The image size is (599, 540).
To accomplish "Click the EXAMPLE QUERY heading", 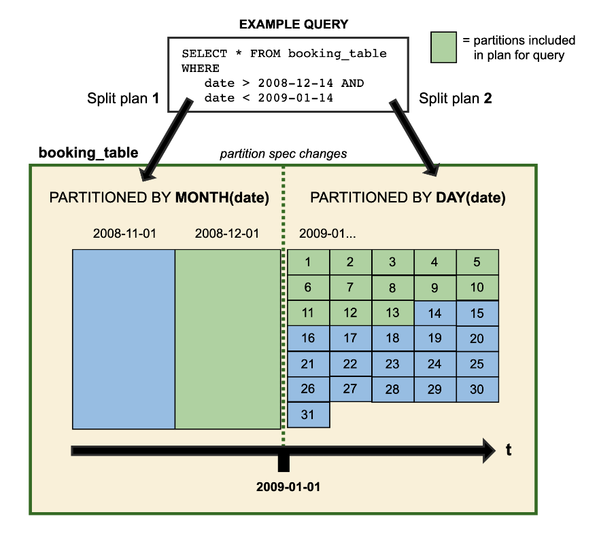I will (x=293, y=24).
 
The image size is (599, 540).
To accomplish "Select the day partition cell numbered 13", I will (x=392, y=312).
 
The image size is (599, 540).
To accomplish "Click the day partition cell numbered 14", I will (x=434, y=314).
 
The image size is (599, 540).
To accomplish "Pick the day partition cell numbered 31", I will (x=308, y=414).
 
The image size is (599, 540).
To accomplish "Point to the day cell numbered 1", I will (x=308, y=262).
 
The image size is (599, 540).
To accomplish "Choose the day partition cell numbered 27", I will (x=350, y=389).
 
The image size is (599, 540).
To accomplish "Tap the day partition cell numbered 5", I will (x=477, y=262).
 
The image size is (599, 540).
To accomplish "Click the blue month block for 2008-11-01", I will (x=124, y=339).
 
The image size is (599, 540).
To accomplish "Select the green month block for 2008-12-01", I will (x=228, y=339).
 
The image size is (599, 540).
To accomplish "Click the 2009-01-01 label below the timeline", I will (x=288, y=487).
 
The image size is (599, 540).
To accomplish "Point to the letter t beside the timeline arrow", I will (x=509, y=450).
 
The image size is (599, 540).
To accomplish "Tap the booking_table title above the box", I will (x=88, y=153).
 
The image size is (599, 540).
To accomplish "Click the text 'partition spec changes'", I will (x=284, y=154).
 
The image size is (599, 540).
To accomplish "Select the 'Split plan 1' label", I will (x=123, y=98).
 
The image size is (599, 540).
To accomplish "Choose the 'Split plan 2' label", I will (x=455, y=98).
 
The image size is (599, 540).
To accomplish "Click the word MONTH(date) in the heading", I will (x=222, y=198).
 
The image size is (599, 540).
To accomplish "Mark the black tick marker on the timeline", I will (x=284, y=461).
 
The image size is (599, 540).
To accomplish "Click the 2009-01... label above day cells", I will (x=328, y=234).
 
